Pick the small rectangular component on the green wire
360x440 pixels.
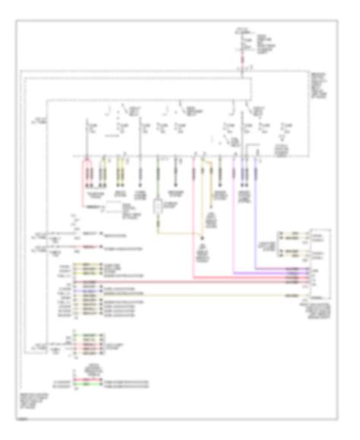click(158, 206)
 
